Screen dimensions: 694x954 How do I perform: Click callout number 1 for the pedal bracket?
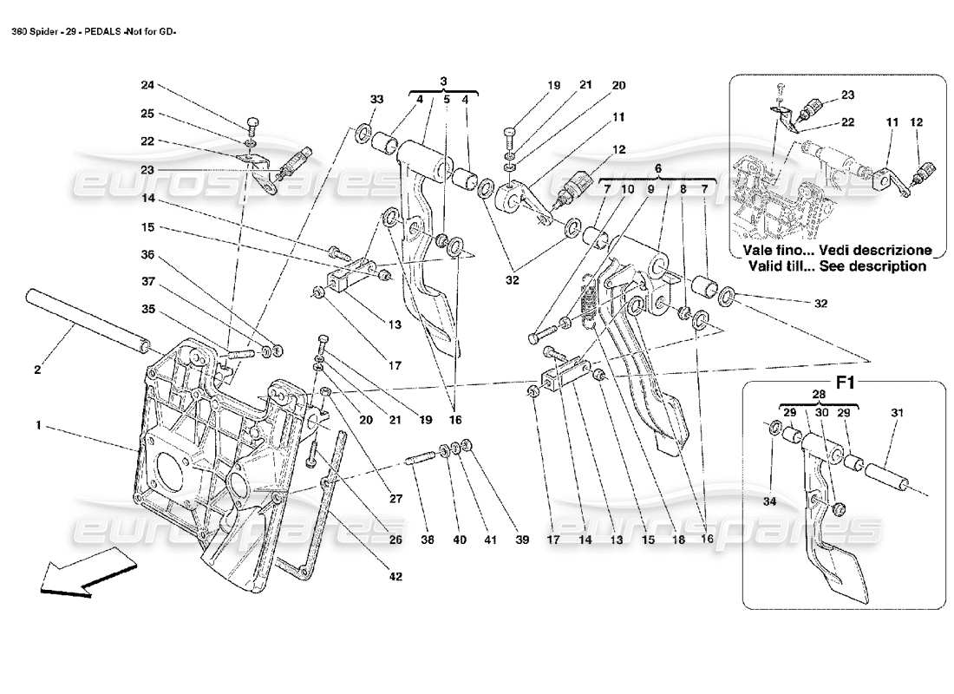tap(38, 427)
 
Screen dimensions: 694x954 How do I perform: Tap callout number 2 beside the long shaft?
tap(37, 370)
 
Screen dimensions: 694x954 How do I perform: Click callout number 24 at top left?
tap(147, 85)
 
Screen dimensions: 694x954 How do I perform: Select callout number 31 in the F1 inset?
tap(896, 414)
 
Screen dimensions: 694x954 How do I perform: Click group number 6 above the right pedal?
tap(657, 168)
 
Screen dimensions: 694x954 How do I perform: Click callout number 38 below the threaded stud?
tap(427, 540)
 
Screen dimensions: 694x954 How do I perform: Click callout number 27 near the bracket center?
tap(395, 499)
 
